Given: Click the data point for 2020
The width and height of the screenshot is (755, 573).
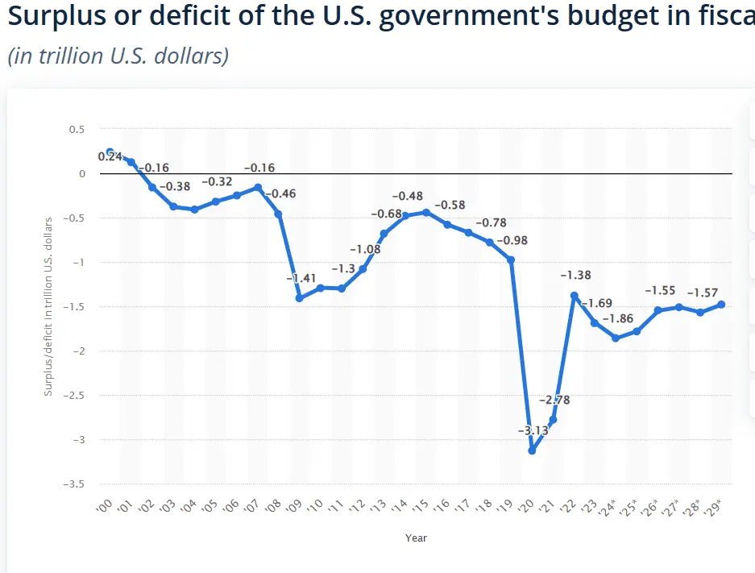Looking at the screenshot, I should click(x=532, y=451).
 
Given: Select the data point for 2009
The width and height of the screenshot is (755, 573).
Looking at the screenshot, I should click(x=299, y=298).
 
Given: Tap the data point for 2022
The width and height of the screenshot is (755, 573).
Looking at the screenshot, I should click(x=574, y=296).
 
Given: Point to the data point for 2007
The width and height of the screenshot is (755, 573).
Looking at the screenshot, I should click(x=257, y=188).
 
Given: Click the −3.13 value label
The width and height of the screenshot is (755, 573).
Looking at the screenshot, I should click(x=533, y=430).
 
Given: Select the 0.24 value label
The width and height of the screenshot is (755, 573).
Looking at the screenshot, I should click(x=110, y=156).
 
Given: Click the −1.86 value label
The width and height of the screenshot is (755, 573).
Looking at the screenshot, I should click(x=617, y=318).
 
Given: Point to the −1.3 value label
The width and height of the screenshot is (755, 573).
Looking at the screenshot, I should click(x=342, y=268).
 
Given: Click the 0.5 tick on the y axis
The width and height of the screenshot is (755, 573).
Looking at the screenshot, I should click(x=77, y=129).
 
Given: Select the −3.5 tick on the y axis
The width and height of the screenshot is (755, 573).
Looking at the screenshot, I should click(x=75, y=484).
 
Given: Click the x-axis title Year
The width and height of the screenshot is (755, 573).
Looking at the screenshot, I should click(x=417, y=538).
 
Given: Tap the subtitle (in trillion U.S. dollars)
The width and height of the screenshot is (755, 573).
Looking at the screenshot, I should click(x=118, y=56).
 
